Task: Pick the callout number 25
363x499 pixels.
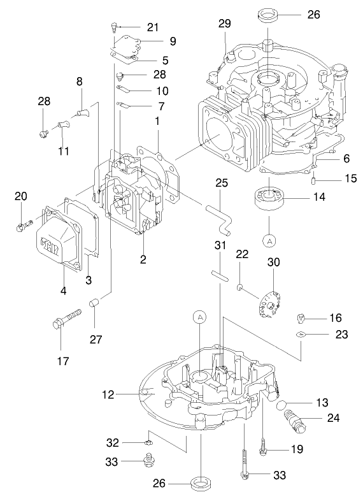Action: tap(221, 182)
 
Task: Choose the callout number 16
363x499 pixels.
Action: tap(335, 317)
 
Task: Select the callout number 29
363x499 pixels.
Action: tap(224, 24)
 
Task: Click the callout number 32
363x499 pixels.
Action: tap(112, 442)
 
